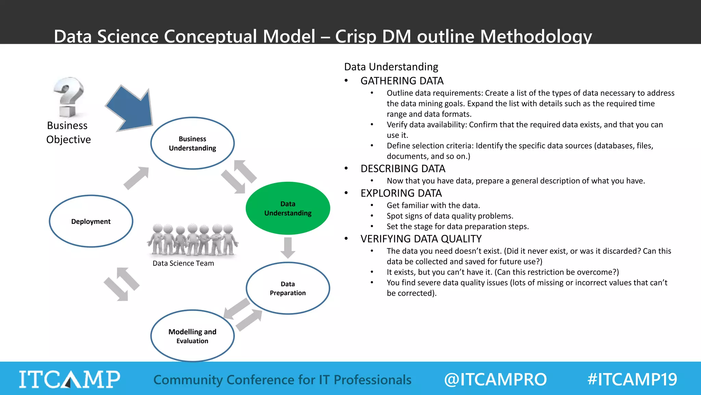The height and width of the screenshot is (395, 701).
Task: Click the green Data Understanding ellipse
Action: (288, 208)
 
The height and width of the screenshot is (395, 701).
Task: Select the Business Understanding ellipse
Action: (192, 143)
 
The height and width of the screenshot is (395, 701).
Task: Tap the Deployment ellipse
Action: (91, 221)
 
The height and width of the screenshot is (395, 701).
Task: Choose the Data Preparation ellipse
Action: (288, 288)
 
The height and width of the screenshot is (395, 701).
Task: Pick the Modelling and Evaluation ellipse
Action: (192, 336)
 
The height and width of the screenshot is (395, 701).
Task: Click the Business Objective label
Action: (68, 132)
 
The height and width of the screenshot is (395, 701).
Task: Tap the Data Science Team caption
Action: (183, 263)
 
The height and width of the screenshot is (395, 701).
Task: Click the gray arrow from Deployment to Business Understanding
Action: (136, 178)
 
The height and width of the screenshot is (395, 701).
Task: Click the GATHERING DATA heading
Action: (402, 81)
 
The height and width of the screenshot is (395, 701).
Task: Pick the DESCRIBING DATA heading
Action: (403, 169)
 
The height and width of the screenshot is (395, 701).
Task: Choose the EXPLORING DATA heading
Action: (401, 193)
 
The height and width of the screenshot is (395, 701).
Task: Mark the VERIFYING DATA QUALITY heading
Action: (421, 239)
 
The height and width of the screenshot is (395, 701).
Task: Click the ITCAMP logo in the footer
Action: (69, 379)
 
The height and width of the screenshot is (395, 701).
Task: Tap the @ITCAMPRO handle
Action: (495, 380)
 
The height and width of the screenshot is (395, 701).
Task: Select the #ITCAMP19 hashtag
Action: (632, 380)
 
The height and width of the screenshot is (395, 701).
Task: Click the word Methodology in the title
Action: (536, 36)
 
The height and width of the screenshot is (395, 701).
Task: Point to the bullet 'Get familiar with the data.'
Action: (433, 205)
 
